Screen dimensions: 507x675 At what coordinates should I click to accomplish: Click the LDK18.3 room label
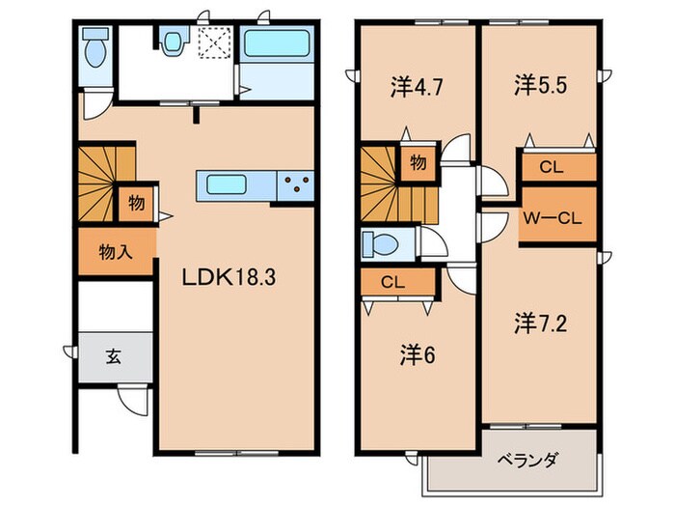click(x=231, y=278)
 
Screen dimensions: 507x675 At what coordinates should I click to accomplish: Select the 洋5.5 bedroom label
click(x=539, y=85)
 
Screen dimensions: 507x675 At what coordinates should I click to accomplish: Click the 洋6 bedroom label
click(x=417, y=355)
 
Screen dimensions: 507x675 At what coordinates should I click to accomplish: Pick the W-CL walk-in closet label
click(x=552, y=218)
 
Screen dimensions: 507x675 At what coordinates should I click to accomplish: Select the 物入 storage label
click(x=116, y=253)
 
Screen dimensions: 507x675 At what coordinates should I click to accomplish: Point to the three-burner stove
click(x=297, y=183)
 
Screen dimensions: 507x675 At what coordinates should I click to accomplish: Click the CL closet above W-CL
click(x=551, y=166)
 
